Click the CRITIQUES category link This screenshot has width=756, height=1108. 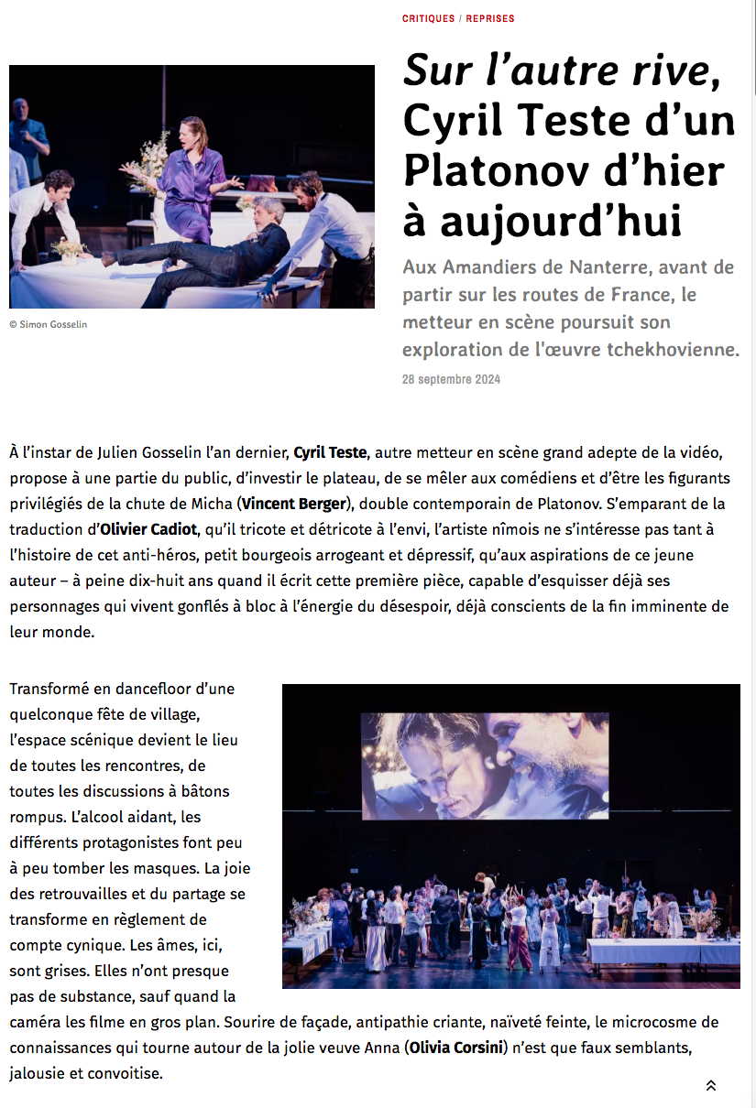point(429,18)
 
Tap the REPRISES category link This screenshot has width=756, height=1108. point(490,18)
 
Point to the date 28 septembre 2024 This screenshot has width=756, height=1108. point(451,379)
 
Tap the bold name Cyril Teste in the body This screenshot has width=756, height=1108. point(330,452)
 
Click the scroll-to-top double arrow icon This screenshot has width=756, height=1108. point(710,1085)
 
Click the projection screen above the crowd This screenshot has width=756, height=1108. point(485,766)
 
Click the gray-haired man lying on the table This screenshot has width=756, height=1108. point(229,247)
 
